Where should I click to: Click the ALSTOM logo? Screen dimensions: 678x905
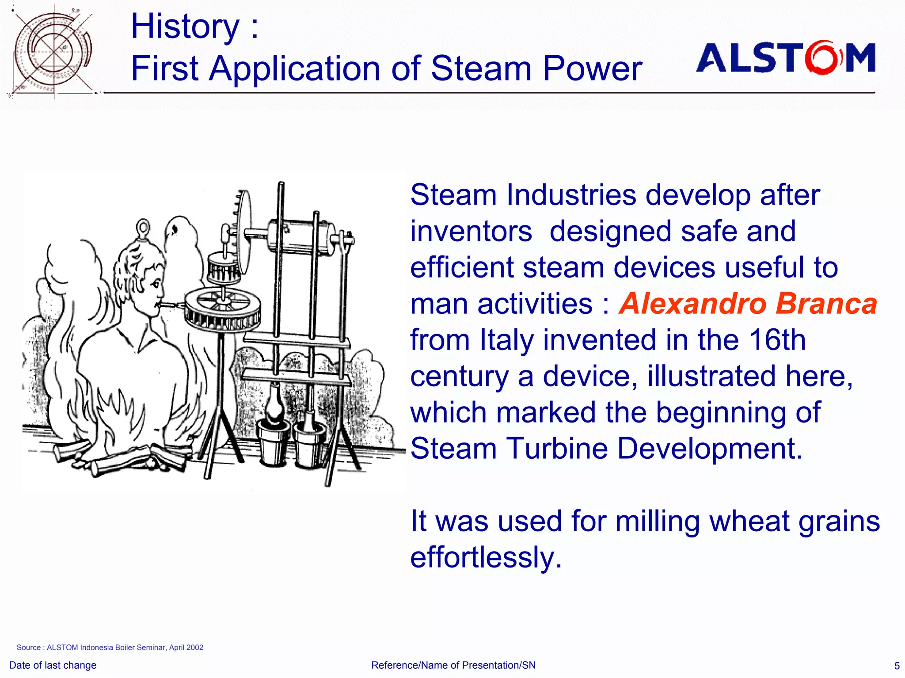pos(786,57)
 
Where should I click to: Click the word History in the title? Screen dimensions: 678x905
pos(185,27)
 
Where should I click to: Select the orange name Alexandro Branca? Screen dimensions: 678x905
pos(748,304)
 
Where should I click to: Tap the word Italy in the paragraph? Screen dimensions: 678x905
pos(507,340)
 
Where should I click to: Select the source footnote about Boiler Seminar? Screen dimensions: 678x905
pos(110,648)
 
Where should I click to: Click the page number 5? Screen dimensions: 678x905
pos(897,666)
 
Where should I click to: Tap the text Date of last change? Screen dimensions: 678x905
pos(53,665)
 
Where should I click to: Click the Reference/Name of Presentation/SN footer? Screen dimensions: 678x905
pos(453,665)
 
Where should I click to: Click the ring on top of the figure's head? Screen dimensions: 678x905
pos(143,228)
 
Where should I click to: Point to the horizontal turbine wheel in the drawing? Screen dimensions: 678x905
pos(222,309)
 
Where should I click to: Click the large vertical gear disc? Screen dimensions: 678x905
pos(243,232)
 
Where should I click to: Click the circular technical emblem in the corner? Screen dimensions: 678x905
pos(52,51)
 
